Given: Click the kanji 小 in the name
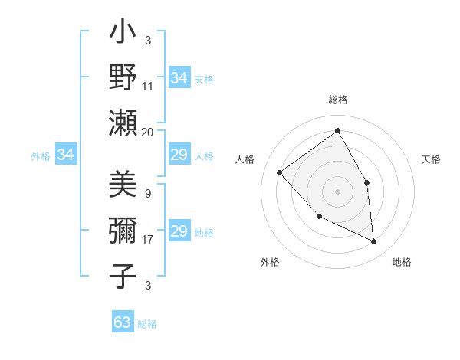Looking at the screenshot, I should pyautogui.click(x=123, y=35).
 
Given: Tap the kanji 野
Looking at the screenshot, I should pyautogui.click(x=123, y=77).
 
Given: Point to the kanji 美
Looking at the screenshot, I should pyautogui.click(x=123, y=186).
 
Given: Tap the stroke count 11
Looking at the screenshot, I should pyautogui.click(x=148, y=87).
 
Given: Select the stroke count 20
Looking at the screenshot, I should pyautogui.click(x=148, y=132).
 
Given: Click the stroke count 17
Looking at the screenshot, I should pyautogui.click(x=148, y=240).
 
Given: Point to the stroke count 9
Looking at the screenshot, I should pyautogui.click(x=148, y=194).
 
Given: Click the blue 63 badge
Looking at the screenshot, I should pyautogui.click(x=123, y=322).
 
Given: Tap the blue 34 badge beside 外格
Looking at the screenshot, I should pyautogui.click(x=66, y=155).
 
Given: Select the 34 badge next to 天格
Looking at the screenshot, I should pyautogui.click(x=179, y=78).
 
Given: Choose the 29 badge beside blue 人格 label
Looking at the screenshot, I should pyautogui.click(x=179, y=155).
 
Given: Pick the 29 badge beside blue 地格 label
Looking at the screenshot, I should pyautogui.click(x=179, y=231).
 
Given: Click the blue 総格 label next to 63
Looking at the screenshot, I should pyautogui.click(x=148, y=324).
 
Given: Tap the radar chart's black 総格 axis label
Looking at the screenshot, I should pyautogui.click(x=338, y=100).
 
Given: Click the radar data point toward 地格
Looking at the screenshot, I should pyautogui.click(x=374, y=241).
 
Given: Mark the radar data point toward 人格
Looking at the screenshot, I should pyautogui.click(x=280, y=172).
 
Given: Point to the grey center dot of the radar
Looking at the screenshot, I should pyautogui.click(x=337, y=191).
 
